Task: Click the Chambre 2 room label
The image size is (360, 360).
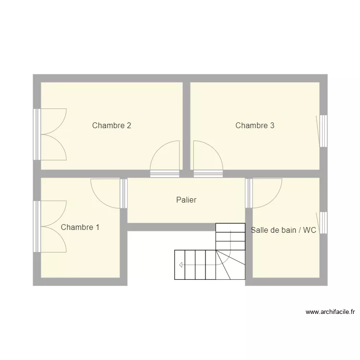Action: pos(111,126)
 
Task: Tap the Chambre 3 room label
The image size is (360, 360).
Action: pos(254,126)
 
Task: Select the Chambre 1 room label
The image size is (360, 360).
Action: pos(80,227)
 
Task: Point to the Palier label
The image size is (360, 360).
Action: pos(186,200)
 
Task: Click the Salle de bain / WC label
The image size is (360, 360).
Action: pos(283,230)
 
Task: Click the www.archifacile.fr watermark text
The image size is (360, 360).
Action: pos(330,312)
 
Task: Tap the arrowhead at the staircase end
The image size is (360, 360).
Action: pos(180,264)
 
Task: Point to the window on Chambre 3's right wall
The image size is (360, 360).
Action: pos(324,131)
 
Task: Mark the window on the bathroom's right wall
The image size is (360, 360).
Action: pos(324,223)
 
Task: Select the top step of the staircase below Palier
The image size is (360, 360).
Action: pos(230,227)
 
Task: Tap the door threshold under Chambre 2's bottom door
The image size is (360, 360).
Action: pos(165,174)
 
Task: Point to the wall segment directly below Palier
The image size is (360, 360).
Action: pos(171,227)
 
